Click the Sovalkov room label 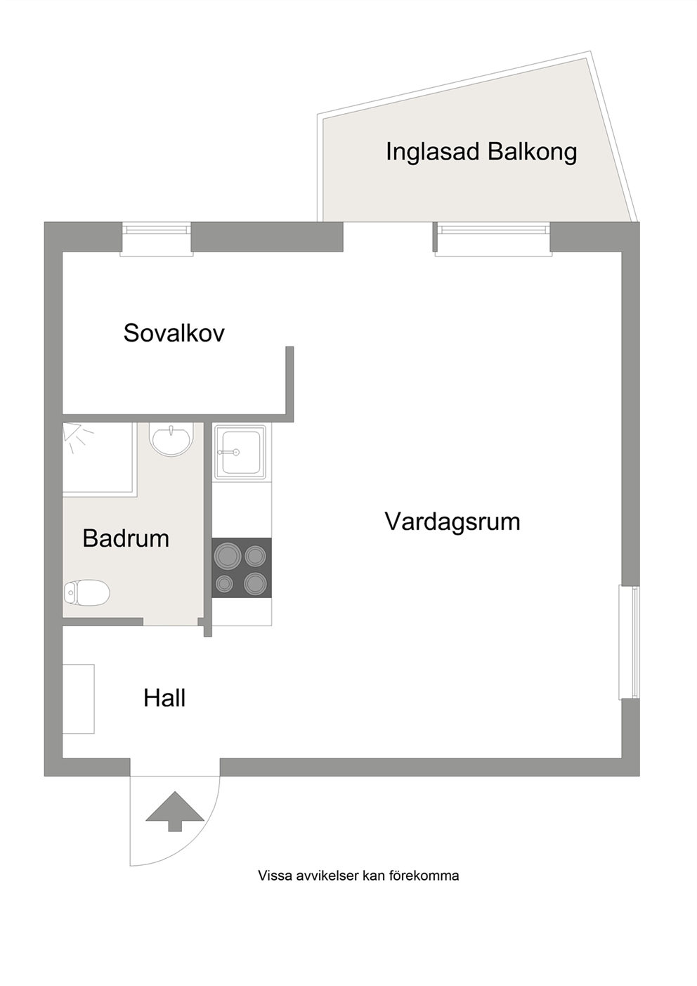174,333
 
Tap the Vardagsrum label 452,521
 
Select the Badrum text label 126,538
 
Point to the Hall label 164,698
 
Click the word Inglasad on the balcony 433,153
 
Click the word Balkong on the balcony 532,153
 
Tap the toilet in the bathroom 86,592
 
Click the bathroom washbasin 171,439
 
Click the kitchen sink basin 240,452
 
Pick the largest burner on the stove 227,556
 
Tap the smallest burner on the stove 224,584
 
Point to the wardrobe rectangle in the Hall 78,699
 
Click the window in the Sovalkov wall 157,238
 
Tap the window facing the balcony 493,238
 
